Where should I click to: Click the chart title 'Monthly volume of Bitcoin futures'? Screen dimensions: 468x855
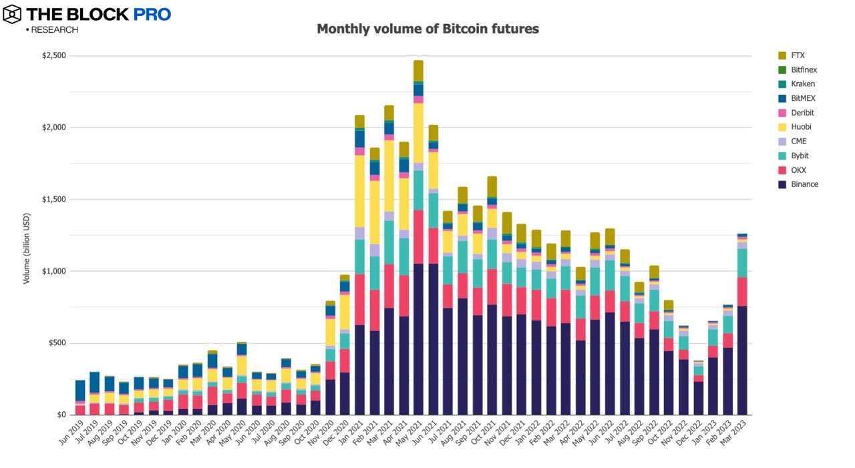point(427,29)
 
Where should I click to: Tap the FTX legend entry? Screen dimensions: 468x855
point(798,55)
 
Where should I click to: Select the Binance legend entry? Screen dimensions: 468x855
point(804,184)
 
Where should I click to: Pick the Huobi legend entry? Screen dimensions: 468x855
point(802,127)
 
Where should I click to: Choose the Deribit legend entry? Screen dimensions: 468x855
point(802,113)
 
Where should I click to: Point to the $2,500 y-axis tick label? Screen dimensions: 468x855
point(53,55)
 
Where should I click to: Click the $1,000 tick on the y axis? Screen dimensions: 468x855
point(53,271)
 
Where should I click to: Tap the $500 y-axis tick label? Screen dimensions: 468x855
point(56,343)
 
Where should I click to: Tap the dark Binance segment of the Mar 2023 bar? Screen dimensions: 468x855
point(742,361)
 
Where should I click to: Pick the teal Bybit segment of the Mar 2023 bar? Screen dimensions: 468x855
point(742,263)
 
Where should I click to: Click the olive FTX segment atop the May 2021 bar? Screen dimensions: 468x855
point(418,71)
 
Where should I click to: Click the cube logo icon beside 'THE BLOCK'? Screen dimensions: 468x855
point(12,14)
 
